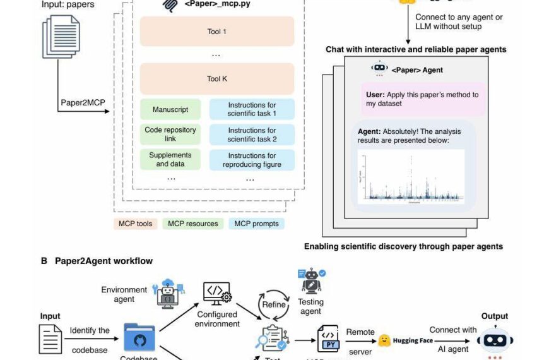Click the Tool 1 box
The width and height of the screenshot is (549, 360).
(217, 32)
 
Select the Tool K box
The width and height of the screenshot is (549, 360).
(217, 79)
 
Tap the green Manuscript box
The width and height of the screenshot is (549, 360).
(170, 109)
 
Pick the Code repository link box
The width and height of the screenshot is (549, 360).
(170, 135)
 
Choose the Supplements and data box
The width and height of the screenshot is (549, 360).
(170, 160)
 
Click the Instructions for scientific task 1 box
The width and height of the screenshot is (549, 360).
(252, 109)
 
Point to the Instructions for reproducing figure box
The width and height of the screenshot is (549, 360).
(252, 160)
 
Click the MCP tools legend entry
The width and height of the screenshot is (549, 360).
(136, 224)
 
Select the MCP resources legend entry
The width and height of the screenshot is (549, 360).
(193, 224)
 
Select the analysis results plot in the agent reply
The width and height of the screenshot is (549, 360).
(411, 177)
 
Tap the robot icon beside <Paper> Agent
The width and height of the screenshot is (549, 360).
(379, 69)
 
